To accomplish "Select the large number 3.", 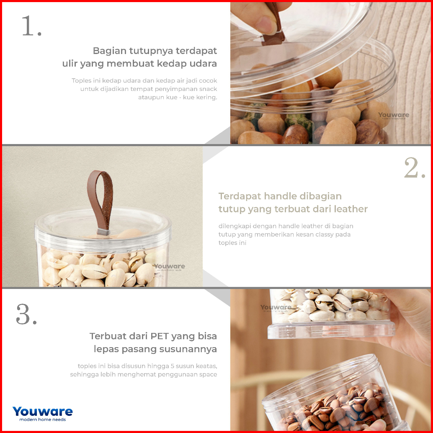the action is coord(26,314).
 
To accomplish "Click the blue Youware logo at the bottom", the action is coord(43,412).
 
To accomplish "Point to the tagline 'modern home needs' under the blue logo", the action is coord(43,420).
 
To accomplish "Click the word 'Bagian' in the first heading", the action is coord(110,51).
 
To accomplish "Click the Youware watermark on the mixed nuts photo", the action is coord(394,116).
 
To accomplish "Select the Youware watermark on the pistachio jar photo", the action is coord(170,267).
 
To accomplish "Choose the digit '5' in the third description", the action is coord(172,366).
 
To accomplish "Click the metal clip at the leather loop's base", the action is coord(103,232).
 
